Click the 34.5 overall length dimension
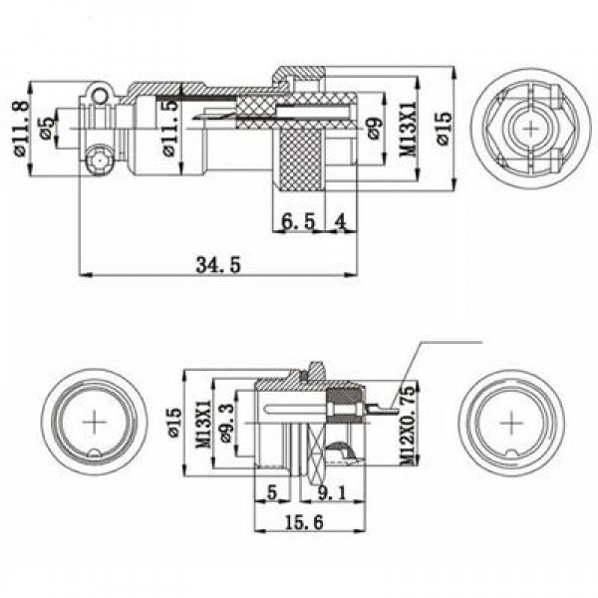tap(218, 264)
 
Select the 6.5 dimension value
tap(297, 221)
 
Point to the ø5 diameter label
tap(46, 127)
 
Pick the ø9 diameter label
tap(373, 127)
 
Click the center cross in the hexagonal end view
tap(532, 129)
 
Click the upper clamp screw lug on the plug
tap(99, 96)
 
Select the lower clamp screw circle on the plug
tap(99, 160)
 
